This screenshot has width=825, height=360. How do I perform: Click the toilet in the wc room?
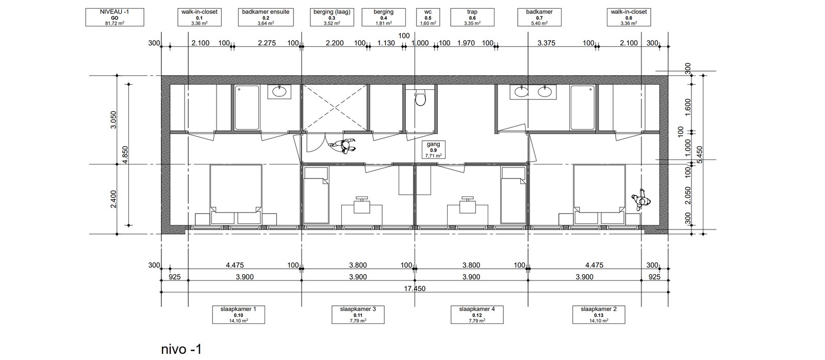pyautogui.click(x=420, y=97)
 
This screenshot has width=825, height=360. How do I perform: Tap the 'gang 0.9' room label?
pyautogui.click(x=434, y=150)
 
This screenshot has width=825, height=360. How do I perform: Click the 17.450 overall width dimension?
pyautogui.click(x=415, y=288)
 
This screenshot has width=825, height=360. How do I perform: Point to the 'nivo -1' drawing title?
pyautogui.click(x=181, y=349)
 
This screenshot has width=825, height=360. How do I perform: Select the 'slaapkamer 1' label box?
pyautogui.click(x=238, y=315)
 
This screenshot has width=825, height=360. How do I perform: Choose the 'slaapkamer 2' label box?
pyautogui.click(x=599, y=315)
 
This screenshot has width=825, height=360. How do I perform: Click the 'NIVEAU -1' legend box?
pyautogui.click(x=114, y=18)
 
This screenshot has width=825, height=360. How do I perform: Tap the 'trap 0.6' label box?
pyautogui.click(x=472, y=18)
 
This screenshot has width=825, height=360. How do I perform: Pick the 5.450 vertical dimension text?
pyautogui.click(x=700, y=155)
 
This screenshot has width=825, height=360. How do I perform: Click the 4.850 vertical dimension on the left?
pyautogui.click(x=125, y=155)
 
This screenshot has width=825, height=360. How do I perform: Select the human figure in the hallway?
pyautogui.click(x=343, y=146)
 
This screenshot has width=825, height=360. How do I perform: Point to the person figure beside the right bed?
pyautogui.click(x=641, y=200)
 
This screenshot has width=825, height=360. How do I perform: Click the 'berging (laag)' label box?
pyautogui.click(x=332, y=18)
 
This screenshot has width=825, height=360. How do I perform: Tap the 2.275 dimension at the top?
pyautogui.click(x=267, y=43)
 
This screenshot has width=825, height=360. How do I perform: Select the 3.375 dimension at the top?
pyautogui.click(x=546, y=43)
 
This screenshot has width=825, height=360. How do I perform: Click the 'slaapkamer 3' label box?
pyautogui.click(x=358, y=315)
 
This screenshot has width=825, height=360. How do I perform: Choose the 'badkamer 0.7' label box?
pyautogui.click(x=539, y=18)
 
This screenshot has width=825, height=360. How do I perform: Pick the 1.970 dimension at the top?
pyautogui.click(x=466, y=43)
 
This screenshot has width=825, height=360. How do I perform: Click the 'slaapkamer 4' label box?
pyautogui.click(x=477, y=315)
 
